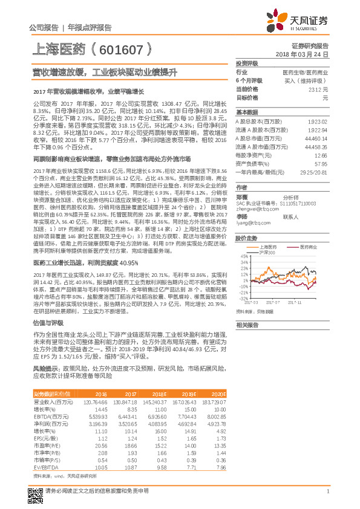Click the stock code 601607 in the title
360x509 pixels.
125,49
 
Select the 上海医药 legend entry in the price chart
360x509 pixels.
267,247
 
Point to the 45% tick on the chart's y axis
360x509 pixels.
244,256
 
